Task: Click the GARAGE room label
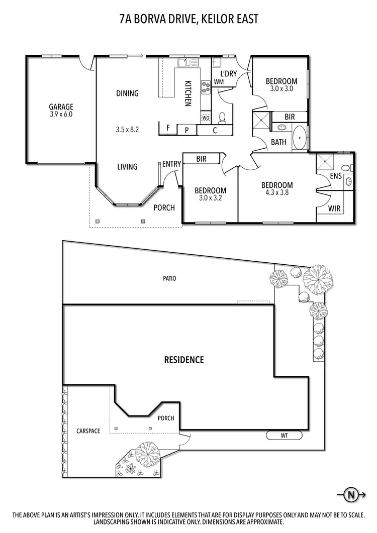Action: [61, 106]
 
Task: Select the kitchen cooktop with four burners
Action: [206, 88]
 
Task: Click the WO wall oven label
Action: [206, 118]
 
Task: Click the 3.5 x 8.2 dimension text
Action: [127, 129]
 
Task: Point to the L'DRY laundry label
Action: [228, 74]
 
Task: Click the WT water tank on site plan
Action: [284, 435]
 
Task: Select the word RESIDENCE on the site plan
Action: [184, 360]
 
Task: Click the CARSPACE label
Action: [88, 431]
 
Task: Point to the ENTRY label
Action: [171, 164]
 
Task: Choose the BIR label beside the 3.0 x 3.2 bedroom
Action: [201, 159]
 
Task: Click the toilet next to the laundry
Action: [223, 118]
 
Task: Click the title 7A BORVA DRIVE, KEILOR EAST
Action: [189, 20]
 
